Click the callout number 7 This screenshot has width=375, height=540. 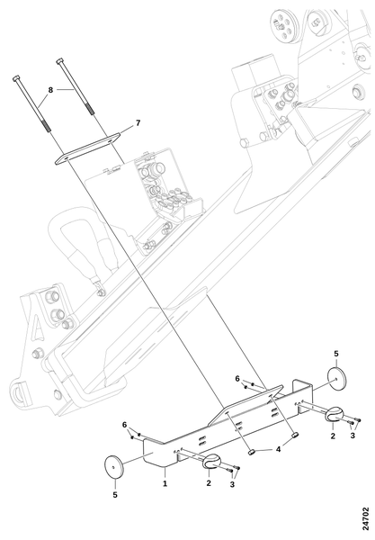click(x=138, y=122)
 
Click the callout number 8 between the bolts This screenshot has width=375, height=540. click(x=50, y=90)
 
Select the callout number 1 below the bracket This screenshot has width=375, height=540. click(x=165, y=483)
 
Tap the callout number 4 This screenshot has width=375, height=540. click(x=278, y=449)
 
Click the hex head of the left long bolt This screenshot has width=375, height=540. click(x=16, y=78)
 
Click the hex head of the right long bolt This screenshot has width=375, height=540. click(x=59, y=61)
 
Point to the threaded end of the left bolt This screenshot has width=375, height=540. click(x=47, y=125)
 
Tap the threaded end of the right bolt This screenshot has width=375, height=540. click(x=89, y=108)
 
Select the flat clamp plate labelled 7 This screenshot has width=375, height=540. click(x=87, y=148)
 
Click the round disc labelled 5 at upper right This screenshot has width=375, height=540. click(x=336, y=379)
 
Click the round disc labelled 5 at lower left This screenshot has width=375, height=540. click(x=113, y=467)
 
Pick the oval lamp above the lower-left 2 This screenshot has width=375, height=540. click(x=211, y=463)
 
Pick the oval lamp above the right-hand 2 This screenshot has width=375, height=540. click(x=335, y=414)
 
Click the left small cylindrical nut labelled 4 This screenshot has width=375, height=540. click(x=252, y=452)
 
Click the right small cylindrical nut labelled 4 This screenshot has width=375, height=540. click(x=295, y=436)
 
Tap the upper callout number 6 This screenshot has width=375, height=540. click(x=237, y=379)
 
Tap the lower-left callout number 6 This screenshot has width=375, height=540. click(x=124, y=425)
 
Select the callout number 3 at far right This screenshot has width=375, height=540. click(x=353, y=436)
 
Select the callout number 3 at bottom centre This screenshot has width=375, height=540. click(x=232, y=484)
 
